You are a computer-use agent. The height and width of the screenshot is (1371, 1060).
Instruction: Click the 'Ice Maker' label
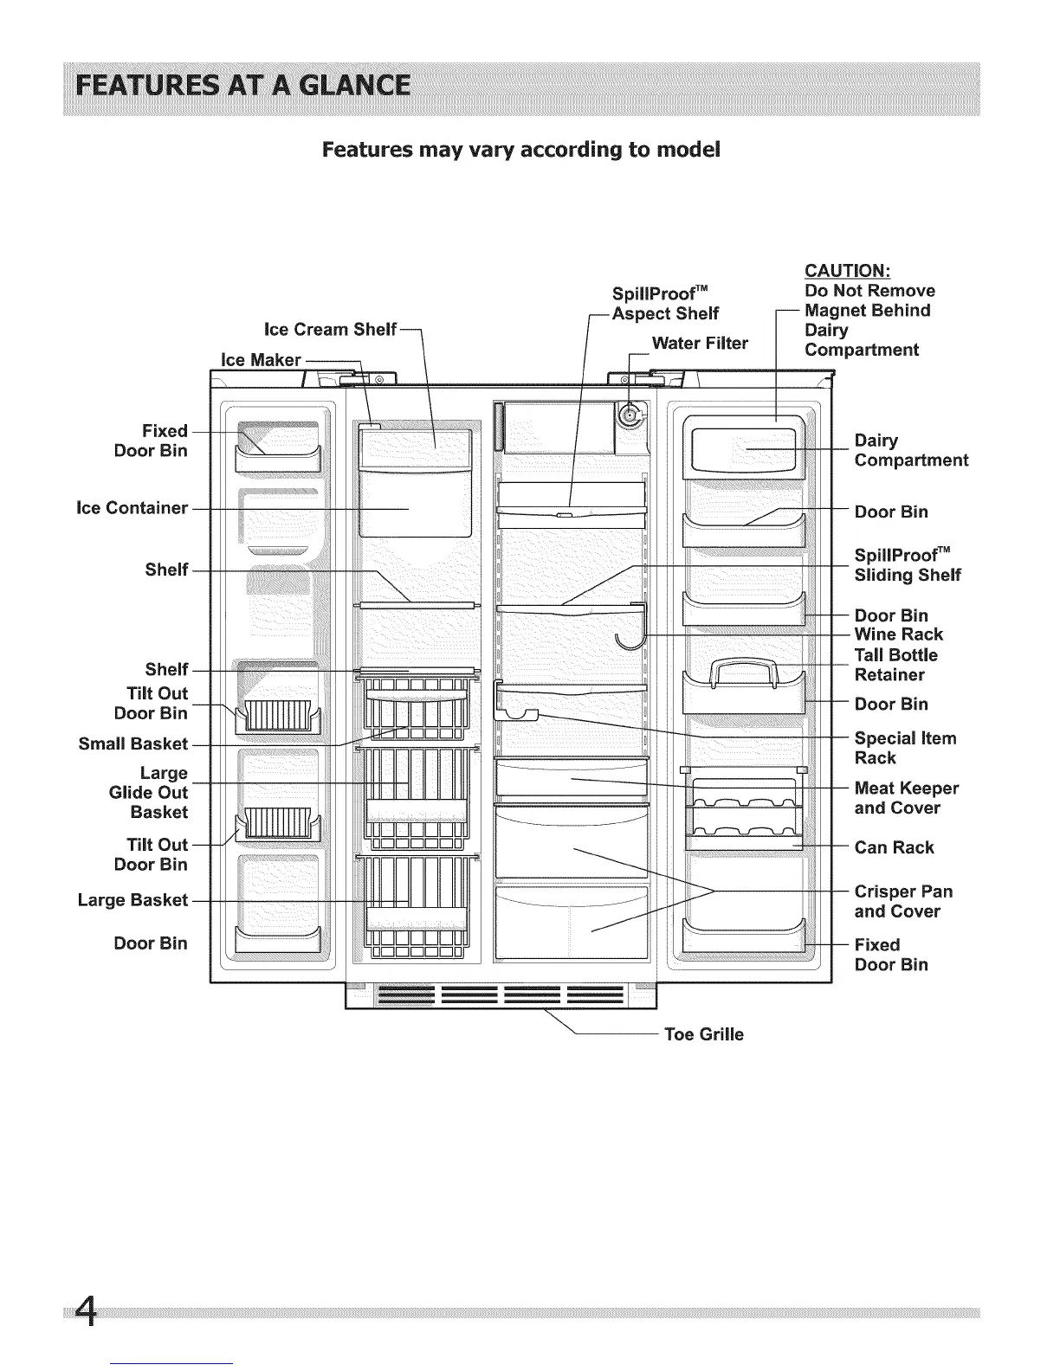261,360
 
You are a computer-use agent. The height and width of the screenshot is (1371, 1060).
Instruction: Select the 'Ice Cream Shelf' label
330,329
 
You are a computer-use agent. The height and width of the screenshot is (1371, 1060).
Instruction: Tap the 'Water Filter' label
700,344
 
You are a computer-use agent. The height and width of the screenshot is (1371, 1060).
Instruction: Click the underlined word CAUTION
842,271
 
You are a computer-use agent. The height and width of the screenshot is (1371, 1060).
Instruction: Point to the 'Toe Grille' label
703,1034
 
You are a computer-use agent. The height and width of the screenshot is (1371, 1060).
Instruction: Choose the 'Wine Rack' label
898,634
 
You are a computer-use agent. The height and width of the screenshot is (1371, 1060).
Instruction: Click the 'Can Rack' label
894,847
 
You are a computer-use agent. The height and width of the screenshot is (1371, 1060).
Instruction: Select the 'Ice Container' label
132,508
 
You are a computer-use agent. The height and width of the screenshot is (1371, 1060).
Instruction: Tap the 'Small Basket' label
132,743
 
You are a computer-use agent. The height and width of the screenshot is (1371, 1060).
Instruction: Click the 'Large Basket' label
132,900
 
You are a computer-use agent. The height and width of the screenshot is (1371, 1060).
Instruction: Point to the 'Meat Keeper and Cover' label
906,798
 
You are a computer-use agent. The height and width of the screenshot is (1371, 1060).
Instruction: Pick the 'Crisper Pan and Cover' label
903,901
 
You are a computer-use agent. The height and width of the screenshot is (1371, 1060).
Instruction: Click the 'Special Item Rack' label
905,748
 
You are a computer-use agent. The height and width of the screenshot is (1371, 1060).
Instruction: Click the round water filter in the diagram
629,417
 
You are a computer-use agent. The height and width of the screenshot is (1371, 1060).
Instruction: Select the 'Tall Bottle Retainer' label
895,665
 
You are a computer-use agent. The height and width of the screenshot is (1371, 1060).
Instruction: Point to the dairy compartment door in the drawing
740,447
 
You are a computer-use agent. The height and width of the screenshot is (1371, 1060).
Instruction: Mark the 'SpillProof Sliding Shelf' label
907,565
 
